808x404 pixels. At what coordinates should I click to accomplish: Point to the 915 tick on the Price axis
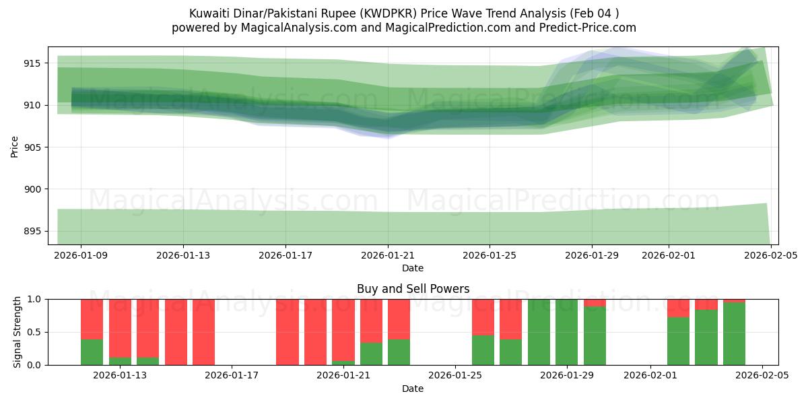(32, 63)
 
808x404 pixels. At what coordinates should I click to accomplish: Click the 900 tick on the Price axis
(32, 189)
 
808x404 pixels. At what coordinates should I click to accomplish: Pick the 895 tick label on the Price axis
(32, 232)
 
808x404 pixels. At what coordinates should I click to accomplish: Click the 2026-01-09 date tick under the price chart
(81, 255)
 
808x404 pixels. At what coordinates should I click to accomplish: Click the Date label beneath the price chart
(413, 268)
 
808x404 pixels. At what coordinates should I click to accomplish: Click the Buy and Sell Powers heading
(413, 290)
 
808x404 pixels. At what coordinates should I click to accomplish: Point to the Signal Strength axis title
(18, 332)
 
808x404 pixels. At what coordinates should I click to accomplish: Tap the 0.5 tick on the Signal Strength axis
(33, 332)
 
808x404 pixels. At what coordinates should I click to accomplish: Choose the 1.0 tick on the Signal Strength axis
(33, 299)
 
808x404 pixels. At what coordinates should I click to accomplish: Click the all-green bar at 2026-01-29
(566, 332)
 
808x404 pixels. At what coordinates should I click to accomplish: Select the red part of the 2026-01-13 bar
(120, 320)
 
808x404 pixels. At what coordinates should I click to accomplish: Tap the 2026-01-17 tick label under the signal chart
(232, 376)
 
